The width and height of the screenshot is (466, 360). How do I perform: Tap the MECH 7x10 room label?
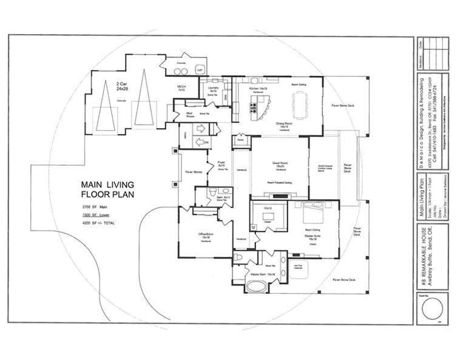coord(181,89)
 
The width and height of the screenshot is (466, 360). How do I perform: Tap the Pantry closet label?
coord(240,140)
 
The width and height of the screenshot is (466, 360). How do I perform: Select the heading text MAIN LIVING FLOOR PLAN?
coord(108,189)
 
